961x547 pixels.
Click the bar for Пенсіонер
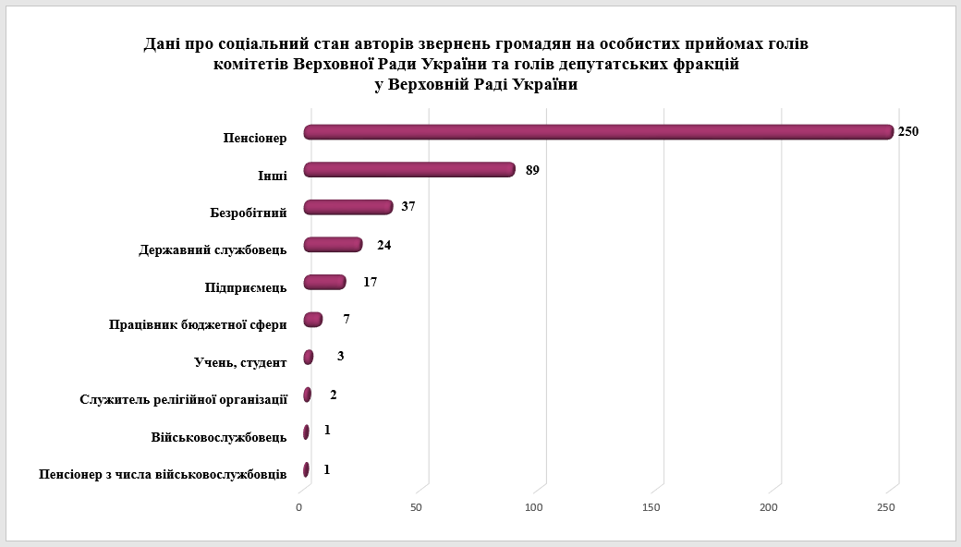pos(599,132)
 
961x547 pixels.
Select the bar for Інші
pos(409,170)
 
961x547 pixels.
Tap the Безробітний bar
pos(348,207)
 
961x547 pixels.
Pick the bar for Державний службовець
pos(333,245)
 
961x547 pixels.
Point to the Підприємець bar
pos(324,282)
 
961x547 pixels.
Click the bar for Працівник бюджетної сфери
pos(313,320)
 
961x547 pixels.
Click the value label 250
pos(907,131)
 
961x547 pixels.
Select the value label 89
pos(531,170)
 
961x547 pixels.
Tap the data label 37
pos(408,206)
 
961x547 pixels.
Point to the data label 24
pos(385,245)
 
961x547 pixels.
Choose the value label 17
pos(370,282)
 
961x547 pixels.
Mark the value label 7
pos(346,319)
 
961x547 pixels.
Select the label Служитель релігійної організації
pos(184,399)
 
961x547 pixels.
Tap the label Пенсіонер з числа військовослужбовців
pos(163,474)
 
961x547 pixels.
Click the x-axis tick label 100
pos(534,507)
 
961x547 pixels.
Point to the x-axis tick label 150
pos(651,507)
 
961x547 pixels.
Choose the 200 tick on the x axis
pos(769,507)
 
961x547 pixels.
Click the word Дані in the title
pos(163,43)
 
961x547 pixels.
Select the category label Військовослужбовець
pos(218,437)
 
